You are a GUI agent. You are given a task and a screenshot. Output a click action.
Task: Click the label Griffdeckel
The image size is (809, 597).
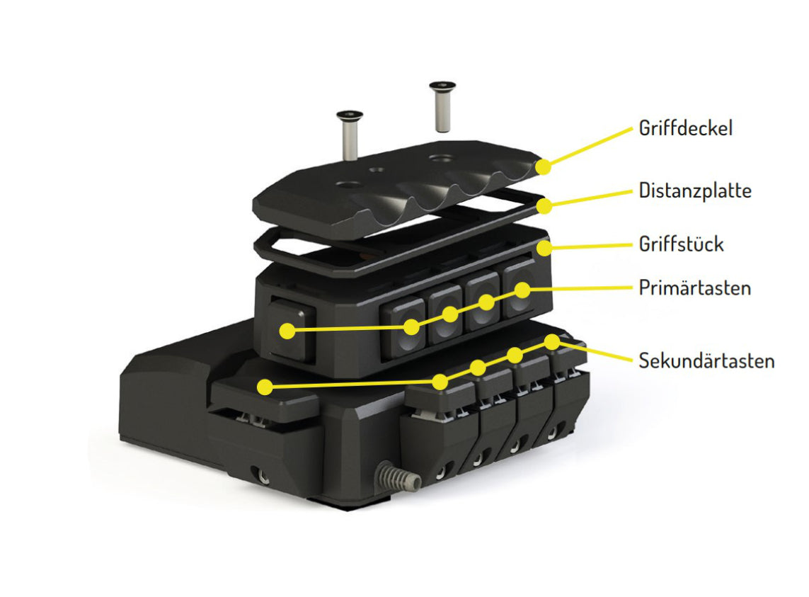tap(684, 128)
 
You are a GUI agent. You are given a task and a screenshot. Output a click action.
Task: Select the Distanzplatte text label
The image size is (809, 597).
tap(694, 191)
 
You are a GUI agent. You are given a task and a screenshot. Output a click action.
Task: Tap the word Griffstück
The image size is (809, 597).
tap(681, 244)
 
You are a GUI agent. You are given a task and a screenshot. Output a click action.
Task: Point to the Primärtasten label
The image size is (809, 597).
tap(694, 288)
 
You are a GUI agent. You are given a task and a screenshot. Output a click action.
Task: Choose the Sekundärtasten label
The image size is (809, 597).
tap(706, 360)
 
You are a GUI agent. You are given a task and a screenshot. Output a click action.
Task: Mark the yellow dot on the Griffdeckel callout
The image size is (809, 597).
tap(544, 167)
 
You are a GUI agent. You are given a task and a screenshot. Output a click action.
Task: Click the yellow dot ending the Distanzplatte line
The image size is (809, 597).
tap(544, 206)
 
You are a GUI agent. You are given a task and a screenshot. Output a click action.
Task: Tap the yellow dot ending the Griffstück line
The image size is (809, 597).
tap(544, 248)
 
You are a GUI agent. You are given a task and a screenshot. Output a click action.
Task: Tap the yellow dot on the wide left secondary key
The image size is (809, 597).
tap(265, 387)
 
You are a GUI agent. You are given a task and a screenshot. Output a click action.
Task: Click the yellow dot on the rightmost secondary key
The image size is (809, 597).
tap(552, 341)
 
